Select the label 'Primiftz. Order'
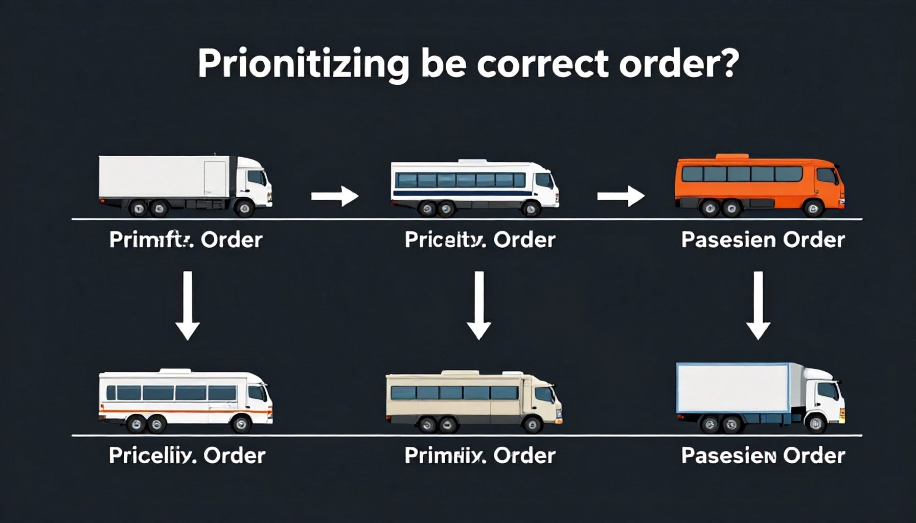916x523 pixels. [186, 240]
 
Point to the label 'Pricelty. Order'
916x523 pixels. [479, 240]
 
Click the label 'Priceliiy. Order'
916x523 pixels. [187, 456]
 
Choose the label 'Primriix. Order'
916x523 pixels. [479, 456]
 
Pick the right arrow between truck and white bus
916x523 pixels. [334, 196]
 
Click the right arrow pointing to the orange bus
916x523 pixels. [620, 196]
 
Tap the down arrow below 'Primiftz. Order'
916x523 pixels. [188, 305]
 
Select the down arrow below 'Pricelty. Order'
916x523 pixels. [479, 305]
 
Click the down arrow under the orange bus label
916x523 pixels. [758, 305]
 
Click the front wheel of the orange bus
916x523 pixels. [813, 208]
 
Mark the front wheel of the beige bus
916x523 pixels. [532, 424]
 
